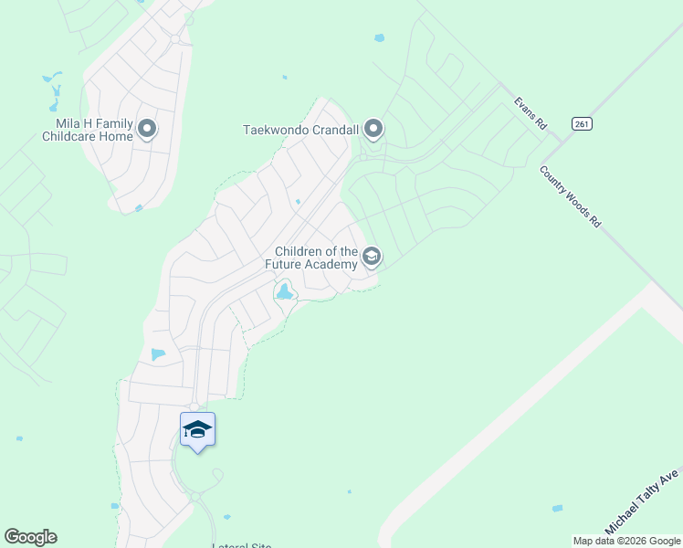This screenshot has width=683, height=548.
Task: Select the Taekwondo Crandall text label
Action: point(300,130)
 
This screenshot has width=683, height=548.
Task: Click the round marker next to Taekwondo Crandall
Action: point(373,130)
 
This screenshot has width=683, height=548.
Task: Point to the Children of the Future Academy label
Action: point(316,258)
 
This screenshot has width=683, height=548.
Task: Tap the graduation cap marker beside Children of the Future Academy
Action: point(371,257)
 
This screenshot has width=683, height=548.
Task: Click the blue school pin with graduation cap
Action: point(197,429)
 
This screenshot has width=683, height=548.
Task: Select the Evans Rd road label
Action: point(530,113)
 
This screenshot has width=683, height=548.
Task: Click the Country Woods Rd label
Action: point(571,196)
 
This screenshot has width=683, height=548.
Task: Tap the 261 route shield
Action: point(581,123)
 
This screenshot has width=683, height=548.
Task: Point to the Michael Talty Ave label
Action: point(642,502)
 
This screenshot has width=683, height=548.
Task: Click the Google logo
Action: point(30,537)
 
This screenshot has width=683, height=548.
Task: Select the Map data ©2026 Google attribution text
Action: point(626,541)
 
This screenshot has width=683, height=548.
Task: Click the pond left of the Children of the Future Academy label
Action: point(285,292)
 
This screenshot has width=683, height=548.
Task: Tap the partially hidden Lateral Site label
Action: point(241,545)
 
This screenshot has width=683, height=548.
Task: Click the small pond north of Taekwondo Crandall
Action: point(379,38)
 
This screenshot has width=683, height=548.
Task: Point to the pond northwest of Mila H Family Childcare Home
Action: point(53,85)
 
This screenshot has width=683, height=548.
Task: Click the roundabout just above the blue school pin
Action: point(194,406)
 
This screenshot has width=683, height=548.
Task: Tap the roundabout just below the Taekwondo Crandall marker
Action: point(363,157)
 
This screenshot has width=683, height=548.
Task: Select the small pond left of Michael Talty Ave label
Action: point(557,508)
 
